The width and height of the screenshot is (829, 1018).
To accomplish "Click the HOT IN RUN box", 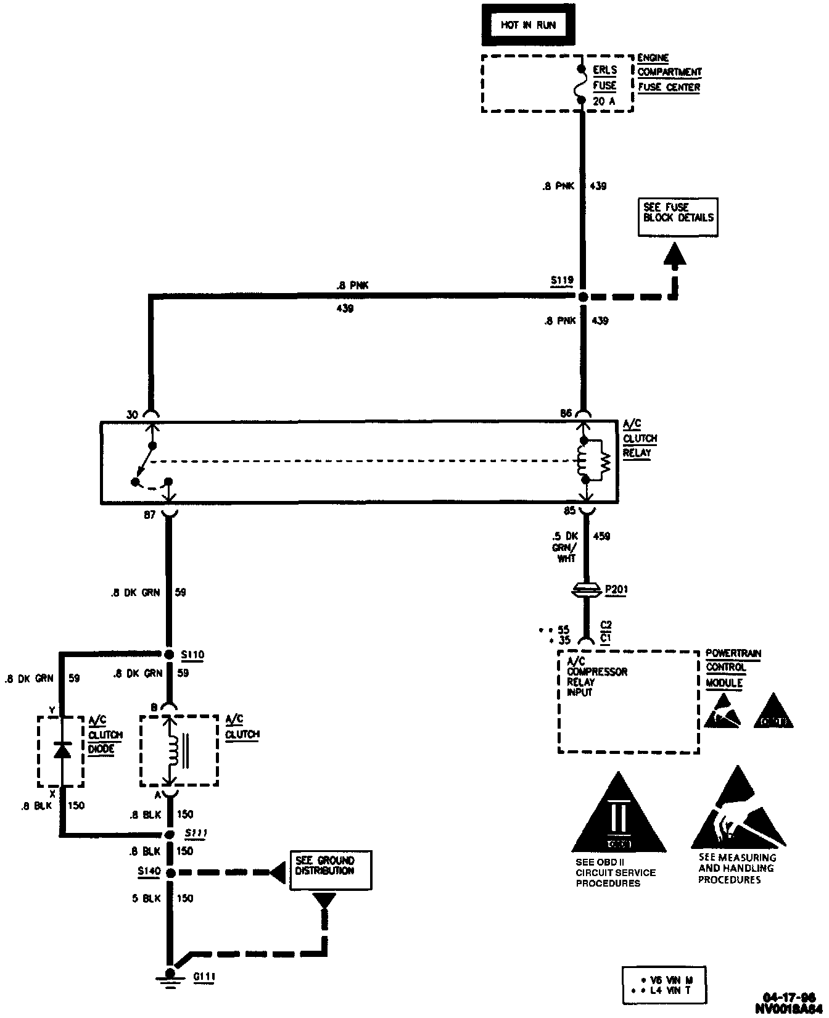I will [x=529, y=25].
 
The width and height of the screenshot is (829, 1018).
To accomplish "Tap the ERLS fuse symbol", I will [x=580, y=85].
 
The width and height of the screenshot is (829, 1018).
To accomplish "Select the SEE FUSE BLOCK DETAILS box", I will [x=678, y=217].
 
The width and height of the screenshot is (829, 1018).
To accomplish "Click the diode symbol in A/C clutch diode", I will [x=61, y=750].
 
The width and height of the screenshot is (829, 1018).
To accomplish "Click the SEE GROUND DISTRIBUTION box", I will [x=331, y=870].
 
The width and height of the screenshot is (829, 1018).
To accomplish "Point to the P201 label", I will [x=616, y=589].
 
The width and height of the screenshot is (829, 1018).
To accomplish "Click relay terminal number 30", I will [x=133, y=415].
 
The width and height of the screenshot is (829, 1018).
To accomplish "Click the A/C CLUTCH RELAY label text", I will [x=640, y=438].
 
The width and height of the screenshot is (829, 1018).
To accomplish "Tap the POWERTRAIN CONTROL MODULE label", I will [x=733, y=668].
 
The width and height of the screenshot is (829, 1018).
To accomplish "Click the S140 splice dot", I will [x=170, y=872].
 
